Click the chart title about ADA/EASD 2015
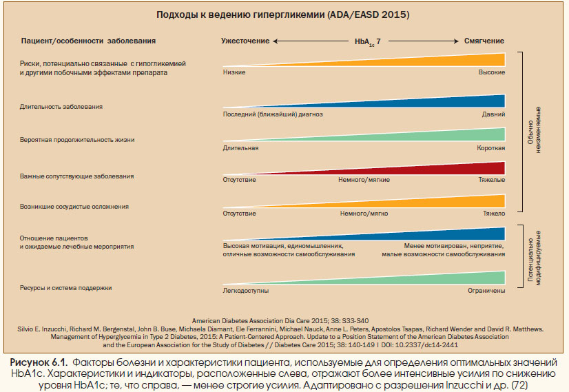point(282,15)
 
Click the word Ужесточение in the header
point(245,41)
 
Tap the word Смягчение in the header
point(484,41)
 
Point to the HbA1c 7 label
point(367,42)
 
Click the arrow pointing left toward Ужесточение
point(311,41)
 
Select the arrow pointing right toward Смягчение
point(424,41)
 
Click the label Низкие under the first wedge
point(234,72)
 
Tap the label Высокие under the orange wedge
point(492,72)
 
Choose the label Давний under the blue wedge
point(493,114)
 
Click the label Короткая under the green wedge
point(491,148)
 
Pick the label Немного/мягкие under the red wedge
point(364,180)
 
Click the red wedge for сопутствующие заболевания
point(435,170)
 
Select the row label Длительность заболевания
point(61,107)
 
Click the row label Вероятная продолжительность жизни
point(77,140)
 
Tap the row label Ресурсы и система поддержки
point(65,288)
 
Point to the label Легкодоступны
point(246,291)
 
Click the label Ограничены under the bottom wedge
point(486,291)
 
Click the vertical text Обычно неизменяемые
point(534,130)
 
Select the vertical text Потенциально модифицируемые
point(534,258)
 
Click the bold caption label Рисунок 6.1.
point(39,362)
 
